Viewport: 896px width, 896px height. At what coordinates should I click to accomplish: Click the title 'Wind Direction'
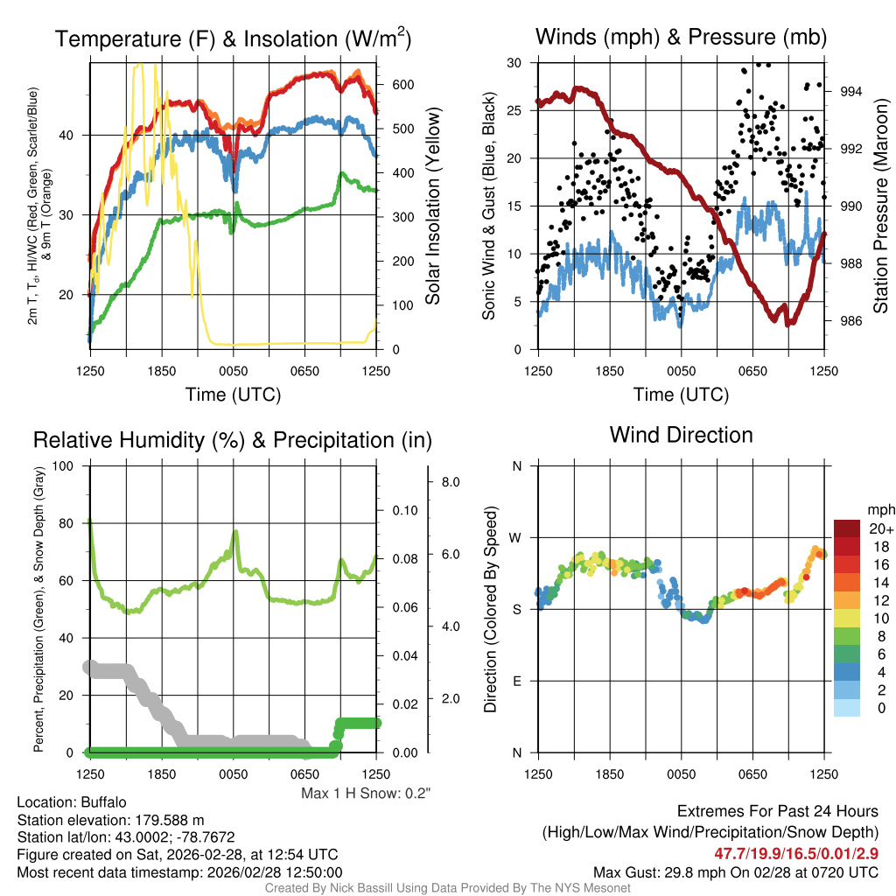[x=681, y=435]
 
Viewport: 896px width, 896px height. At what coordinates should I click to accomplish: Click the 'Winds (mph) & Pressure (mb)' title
[x=681, y=37]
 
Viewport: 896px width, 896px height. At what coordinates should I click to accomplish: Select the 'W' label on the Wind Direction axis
[x=517, y=537]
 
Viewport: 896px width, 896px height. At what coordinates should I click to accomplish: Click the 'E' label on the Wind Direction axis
[x=517, y=681]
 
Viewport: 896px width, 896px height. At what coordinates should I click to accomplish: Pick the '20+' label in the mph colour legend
[x=880, y=528]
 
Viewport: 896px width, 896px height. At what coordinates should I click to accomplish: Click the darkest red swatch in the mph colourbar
[x=848, y=528]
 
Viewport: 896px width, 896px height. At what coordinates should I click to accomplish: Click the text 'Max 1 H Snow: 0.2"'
[x=366, y=793]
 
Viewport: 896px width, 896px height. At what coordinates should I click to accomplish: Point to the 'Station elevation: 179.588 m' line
[x=110, y=820]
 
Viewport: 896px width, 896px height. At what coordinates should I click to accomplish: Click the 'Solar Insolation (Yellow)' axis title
[x=433, y=206]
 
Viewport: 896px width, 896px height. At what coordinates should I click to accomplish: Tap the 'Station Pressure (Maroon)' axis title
[x=881, y=206]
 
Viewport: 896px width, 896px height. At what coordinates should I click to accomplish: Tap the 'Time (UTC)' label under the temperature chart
[x=233, y=395]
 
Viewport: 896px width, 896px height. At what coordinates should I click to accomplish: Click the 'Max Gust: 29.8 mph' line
[x=735, y=871]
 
